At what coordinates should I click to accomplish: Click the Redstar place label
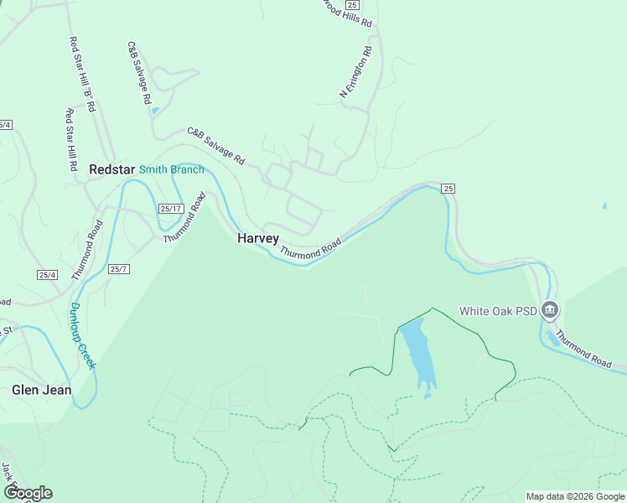point(111,169)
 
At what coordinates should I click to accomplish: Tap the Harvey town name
point(257,239)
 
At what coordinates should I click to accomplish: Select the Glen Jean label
point(41,390)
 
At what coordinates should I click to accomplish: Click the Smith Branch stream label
point(171,169)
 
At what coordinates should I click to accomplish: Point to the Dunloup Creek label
point(82,335)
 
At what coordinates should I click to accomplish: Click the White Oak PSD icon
point(550,311)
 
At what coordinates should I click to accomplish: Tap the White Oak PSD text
point(497,311)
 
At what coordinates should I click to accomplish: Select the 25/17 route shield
point(170,209)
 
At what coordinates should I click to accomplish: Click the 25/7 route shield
point(119,269)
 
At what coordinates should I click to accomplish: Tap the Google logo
point(28,492)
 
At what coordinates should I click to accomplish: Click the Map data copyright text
point(575,496)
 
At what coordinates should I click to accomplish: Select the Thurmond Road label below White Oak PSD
point(583,350)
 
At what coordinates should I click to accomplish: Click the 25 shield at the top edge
point(351,5)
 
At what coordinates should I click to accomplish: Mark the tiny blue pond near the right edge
point(604,205)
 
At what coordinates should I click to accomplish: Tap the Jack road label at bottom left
point(6,473)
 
